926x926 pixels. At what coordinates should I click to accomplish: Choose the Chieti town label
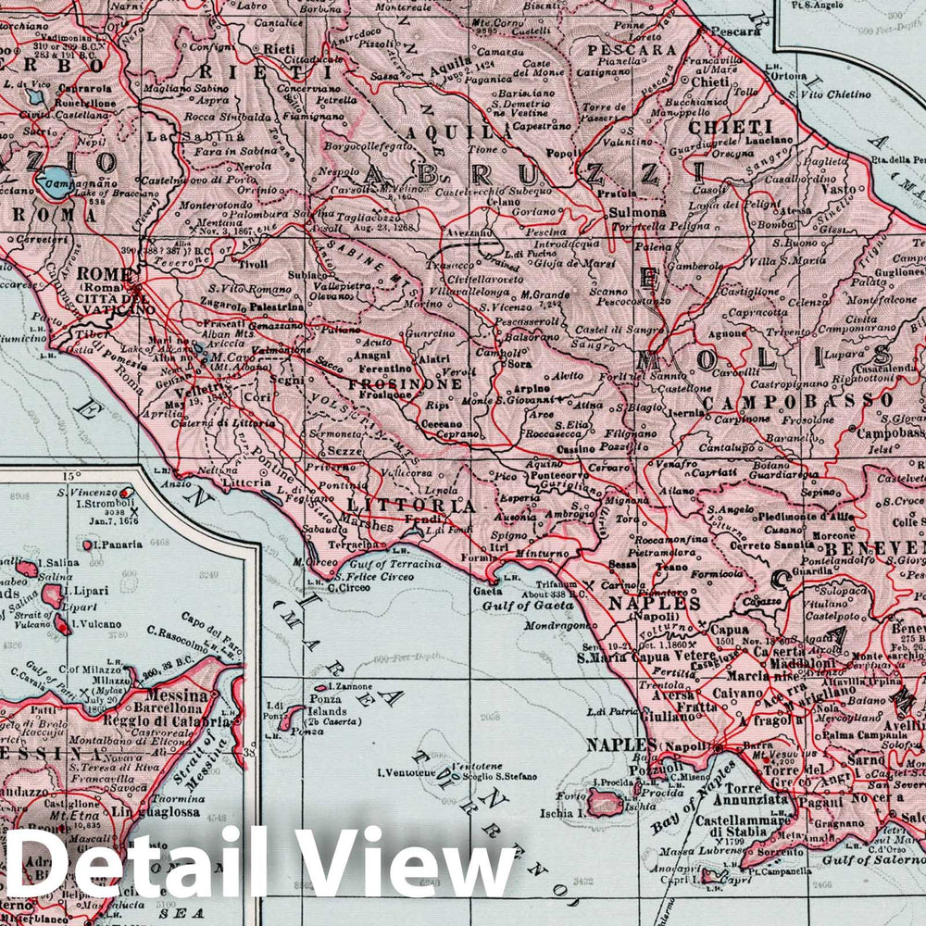pyautogui.click(x=711, y=81)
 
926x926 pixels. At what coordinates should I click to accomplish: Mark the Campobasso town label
pyautogui.click(x=891, y=432)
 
